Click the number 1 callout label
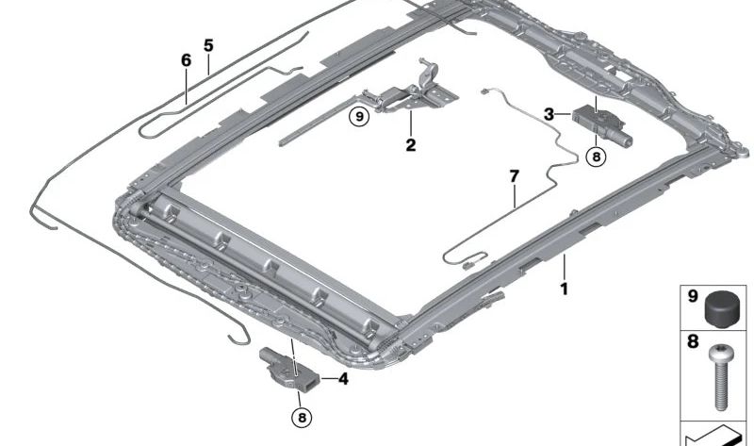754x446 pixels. pyautogui.click(x=565, y=289)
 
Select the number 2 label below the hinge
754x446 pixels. pyautogui.click(x=411, y=145)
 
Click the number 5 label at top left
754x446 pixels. pyautogui.click(x=208, y=45)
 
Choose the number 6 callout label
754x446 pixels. pyautogui.click(x=187, y=60)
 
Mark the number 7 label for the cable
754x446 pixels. pyautogui.click(x=514, y=175)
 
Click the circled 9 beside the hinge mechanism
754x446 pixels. pyautogui.click(x=357, y=117)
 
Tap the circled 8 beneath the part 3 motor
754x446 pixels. pyautogui.click(x=596, y=157)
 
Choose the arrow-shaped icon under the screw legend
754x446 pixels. pyautogui.click(x=716, y=437)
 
